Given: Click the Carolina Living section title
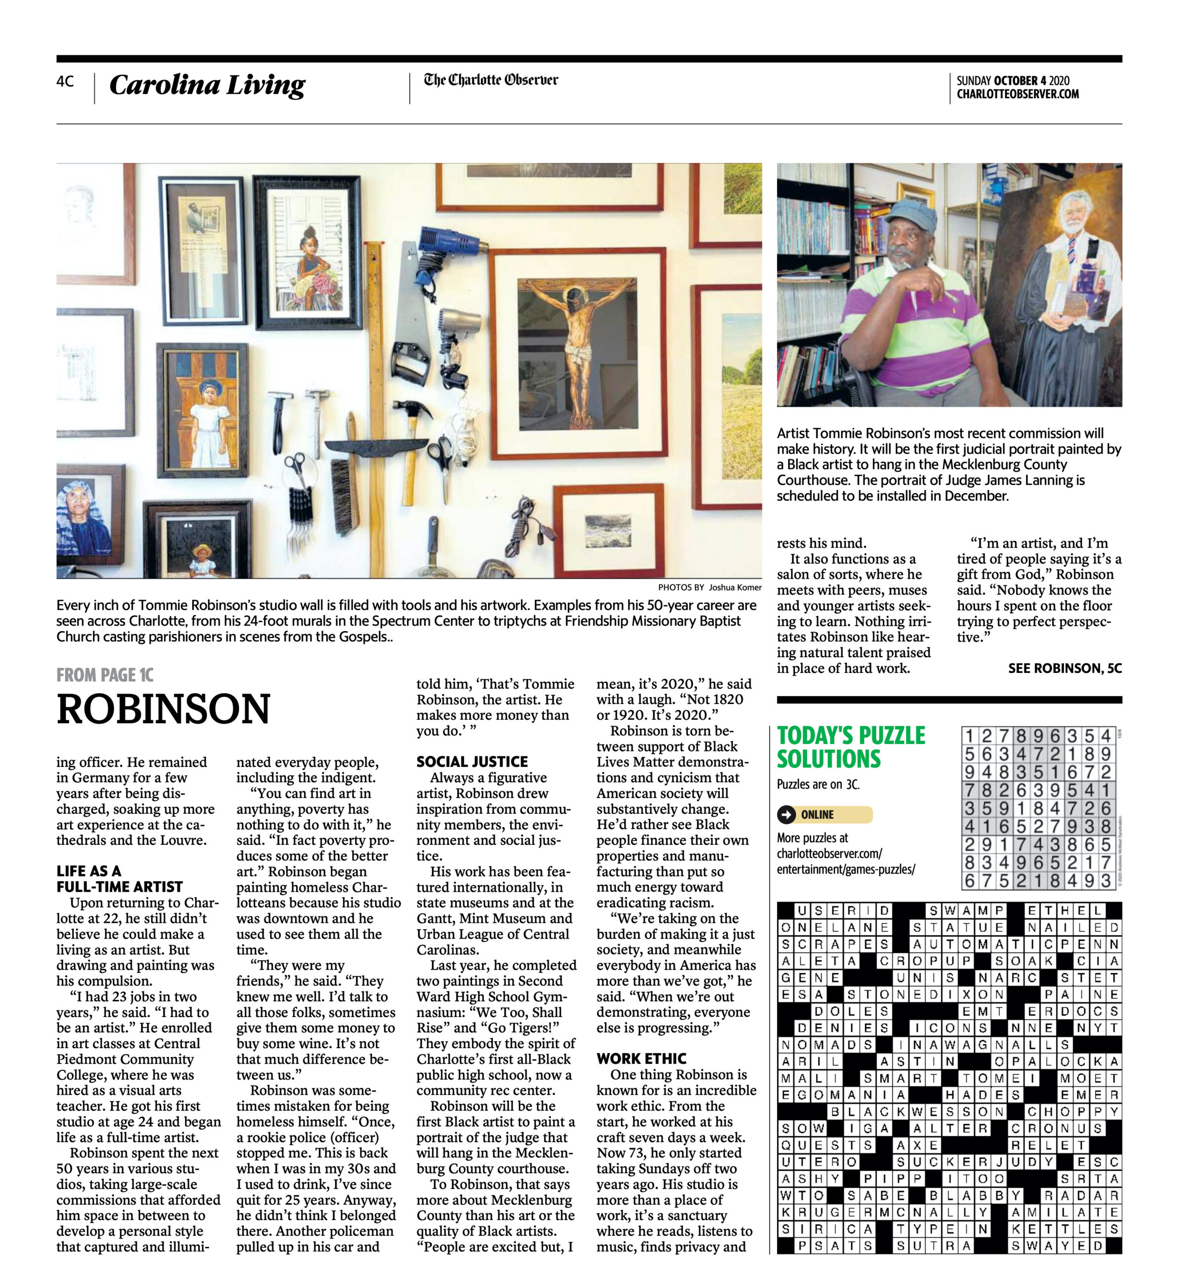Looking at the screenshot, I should pyautogui.click(x=207, y=84).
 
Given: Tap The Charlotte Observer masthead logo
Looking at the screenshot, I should pyautogui.click(x=490, y=80).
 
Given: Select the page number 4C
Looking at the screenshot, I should pyautogui.click(x=65, y=81).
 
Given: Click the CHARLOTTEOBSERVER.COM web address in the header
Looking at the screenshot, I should pyautogui.click(x=1017, y=94).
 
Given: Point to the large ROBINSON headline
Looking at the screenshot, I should pyautogui.click(x=163, y=709).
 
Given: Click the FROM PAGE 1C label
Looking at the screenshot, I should pyautogui.click(x=105, y=674).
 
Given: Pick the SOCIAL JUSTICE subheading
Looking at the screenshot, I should pyautogui.click(x=472, y=761).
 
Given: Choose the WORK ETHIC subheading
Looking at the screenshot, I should pyautogui.click(x=641, y=1058).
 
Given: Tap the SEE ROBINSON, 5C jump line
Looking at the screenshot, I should pyautogui.click(x=1064, y=668).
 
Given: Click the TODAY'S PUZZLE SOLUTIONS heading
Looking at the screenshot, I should pyautogui.click(x=851, y=747).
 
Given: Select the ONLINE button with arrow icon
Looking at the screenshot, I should pyautogui.click(x=824, y=815).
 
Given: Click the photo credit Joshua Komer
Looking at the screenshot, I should pyautogui.click(x=735, y=587).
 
